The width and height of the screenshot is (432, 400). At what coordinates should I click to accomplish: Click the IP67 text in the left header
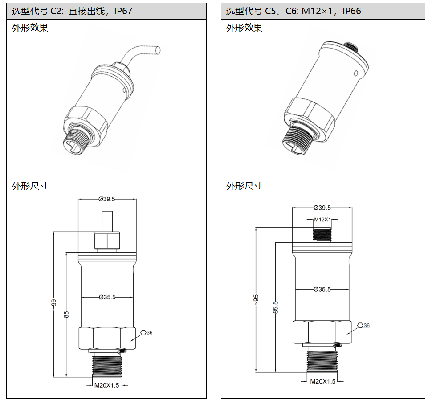[x=123, y=11]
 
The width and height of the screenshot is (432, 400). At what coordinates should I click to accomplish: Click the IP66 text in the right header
[x=351, y=11]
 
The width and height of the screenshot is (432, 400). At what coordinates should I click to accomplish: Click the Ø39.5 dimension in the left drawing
[x=106, y=199]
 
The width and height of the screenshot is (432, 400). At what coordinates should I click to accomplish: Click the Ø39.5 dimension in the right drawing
[x=322, y=208]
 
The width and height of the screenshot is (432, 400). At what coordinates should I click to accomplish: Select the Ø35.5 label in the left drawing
[x=107, y=297]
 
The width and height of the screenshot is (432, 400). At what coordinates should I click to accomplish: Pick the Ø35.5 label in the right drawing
[x=322, y=289]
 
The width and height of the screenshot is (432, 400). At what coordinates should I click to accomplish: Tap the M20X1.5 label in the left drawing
[x=106, y=385]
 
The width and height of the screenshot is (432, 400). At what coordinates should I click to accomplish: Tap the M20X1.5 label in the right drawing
[x=322, y=381]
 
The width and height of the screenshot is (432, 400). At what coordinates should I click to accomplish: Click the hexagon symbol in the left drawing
[x=143, y=333]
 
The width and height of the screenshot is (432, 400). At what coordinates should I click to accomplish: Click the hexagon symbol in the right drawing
[x=360, y=326]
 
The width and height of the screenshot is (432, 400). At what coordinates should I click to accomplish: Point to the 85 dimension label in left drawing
[x=67, y=314]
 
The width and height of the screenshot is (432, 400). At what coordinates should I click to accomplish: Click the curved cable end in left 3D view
[x=157, y=51]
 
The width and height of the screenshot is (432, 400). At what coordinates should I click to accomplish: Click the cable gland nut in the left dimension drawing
[x=107, y=241]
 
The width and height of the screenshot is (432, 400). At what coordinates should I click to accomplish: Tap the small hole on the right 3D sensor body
[x=355, y=73]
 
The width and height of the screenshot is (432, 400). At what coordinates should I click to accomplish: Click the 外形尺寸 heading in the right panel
[x=244, y=186]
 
